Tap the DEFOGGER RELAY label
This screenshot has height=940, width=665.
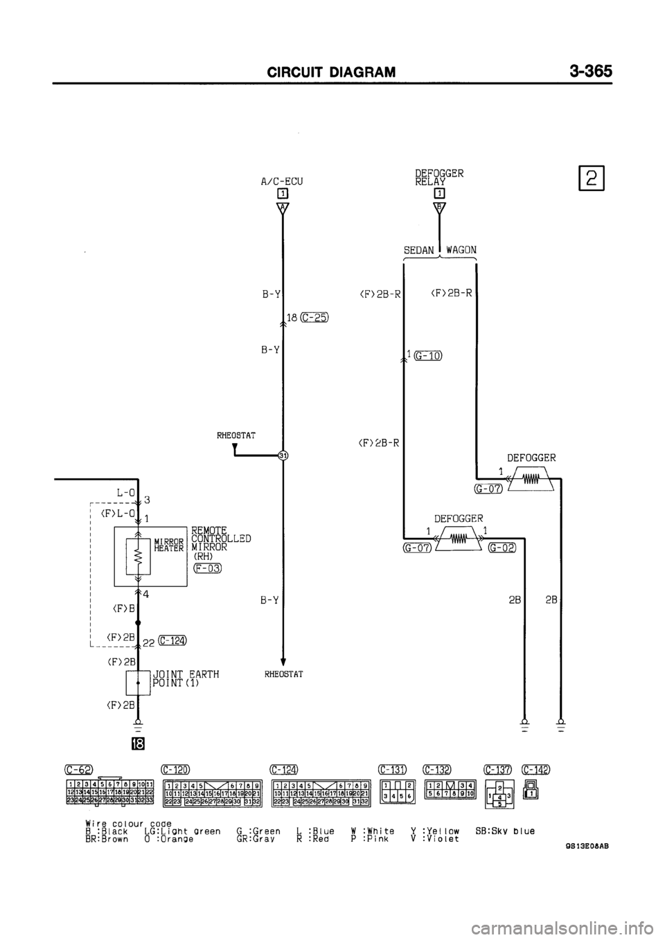pyautogui.click(x=439, y=177)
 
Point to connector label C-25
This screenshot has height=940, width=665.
pyautogui.click(x=314, y=318)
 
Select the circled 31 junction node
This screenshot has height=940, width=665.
pyautogui.click(x=283, y=455)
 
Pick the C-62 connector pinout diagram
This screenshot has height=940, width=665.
pyautogui.click(x=110, y=791)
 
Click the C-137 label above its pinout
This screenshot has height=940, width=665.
pyautogui.click(x=498, y=769)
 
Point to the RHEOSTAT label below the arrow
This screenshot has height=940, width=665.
pyautogui.click(x=283, y=673)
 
